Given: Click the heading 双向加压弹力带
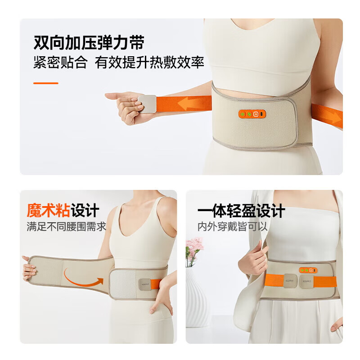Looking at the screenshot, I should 89,43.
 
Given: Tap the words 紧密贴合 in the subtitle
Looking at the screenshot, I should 60,63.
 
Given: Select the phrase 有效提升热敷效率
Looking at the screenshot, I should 149,63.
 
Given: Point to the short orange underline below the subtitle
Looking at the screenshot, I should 46,83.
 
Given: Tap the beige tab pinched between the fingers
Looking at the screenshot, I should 147,103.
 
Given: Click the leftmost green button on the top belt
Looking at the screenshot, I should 243,114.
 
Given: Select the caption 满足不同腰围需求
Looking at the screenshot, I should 66,226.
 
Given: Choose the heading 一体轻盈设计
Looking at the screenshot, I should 241,211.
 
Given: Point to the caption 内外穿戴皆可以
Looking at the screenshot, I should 233,226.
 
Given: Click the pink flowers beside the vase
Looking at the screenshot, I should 194,249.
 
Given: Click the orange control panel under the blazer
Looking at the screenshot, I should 308,270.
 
